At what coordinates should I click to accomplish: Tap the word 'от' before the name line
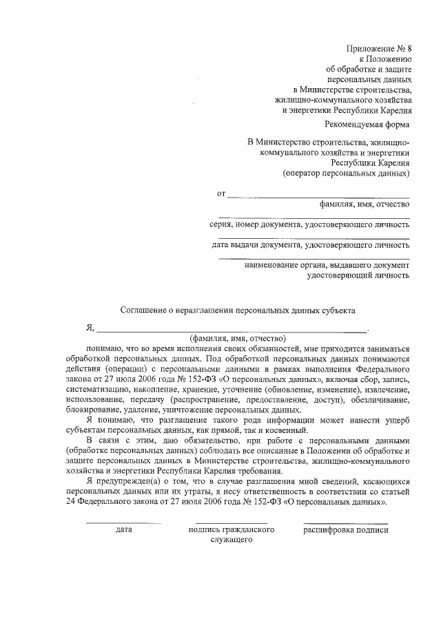tap(221, 194)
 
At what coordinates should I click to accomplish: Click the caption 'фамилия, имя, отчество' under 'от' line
tap(365, 204)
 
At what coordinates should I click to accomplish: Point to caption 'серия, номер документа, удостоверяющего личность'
tap(310, 224)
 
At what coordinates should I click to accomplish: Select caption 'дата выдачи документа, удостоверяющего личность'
tap(311, 244)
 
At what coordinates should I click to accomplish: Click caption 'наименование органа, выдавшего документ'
tap(327, 264)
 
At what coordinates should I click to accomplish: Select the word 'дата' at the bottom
tap(124, 529)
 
